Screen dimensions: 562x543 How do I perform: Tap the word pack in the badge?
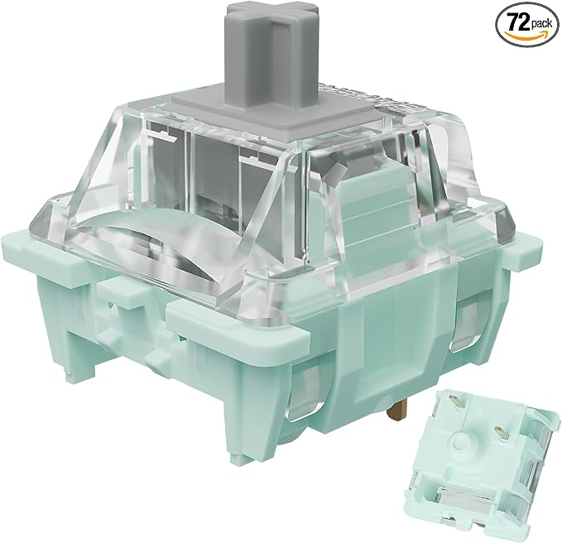click(542, 24)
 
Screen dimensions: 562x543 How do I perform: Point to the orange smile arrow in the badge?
click(526, 35)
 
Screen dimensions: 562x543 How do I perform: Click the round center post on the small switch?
click(462, 441)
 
